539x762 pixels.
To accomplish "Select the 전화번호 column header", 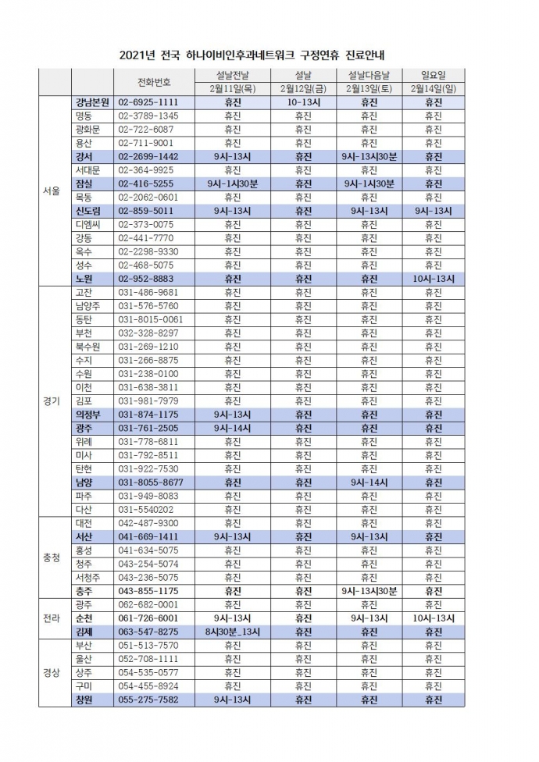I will click(153, 81).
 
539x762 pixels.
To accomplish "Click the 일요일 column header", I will click(432, 75).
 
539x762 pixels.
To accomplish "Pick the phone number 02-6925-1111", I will click(148, 102).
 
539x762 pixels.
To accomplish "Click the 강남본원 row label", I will click(92, 102).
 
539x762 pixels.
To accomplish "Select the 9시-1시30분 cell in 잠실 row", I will click(232, 184).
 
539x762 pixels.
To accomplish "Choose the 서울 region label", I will click(52, 190).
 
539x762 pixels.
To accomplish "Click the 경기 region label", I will click(52, 401).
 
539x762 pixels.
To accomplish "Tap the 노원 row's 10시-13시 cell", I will click(432, 278).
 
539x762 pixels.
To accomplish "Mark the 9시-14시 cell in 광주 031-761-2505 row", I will click(232, 428).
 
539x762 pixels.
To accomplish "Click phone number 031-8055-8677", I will click(151, 482).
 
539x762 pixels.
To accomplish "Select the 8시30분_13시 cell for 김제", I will click(232, 632).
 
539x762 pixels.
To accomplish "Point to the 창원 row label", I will click(84, 700).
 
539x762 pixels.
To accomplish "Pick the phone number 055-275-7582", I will click(148, 700).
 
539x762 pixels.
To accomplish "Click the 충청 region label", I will click(52, 557).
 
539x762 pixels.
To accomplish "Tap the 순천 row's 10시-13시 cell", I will click(432, 618).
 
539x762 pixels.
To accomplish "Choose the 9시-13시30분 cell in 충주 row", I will click(369, 591).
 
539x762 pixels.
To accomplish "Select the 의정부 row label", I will click(87, 415).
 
